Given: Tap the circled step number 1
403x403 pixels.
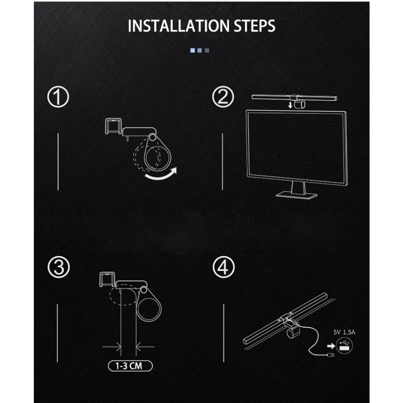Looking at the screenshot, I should coord(58,97).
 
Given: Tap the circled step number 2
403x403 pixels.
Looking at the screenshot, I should coord(223,97).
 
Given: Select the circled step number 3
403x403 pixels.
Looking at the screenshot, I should coord(58,268).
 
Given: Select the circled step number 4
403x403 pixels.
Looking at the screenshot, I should coord(223,268).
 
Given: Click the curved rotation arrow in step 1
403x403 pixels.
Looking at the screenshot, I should coord(161,175).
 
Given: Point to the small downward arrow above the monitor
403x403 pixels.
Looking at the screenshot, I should coord(290,105).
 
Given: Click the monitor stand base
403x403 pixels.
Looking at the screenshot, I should coord(296,194).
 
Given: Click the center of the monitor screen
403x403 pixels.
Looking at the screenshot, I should coord(296,145).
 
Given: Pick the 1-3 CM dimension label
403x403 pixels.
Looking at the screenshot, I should coord(130,366).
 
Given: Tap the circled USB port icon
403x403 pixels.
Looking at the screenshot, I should coord(345,345).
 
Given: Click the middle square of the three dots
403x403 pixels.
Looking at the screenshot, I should coord(200,50).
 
